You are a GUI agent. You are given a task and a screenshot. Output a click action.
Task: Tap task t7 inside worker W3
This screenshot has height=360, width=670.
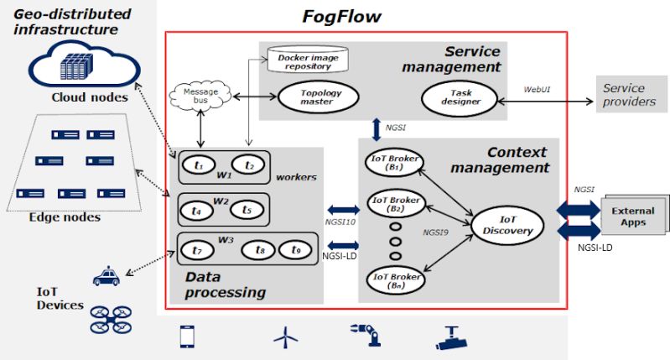coord(197,250)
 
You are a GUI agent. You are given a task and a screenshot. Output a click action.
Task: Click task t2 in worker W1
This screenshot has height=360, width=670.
coord(249,166)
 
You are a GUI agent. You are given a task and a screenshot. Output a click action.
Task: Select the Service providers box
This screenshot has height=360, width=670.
coord(629,95)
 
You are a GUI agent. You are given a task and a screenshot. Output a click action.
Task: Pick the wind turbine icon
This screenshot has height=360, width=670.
coord(286,337)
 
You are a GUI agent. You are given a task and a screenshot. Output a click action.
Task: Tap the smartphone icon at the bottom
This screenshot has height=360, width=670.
coord(187,337)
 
